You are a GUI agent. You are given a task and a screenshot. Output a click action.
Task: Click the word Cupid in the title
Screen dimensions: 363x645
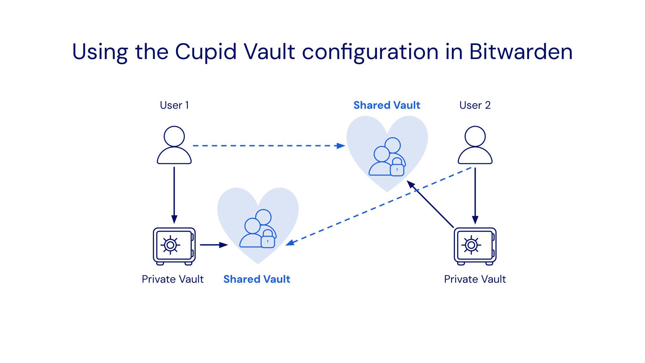click(x=206, y=52)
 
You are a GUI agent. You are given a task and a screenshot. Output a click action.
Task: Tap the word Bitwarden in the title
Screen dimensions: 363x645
click(x=521, y=52)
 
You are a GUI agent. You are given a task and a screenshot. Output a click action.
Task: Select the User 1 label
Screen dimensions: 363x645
click(x=174, y=105)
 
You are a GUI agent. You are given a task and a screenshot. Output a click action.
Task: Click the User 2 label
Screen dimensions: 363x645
click(x=475, y=105)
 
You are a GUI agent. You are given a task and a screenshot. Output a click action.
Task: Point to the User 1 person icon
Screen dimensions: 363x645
click(x=174, y=145)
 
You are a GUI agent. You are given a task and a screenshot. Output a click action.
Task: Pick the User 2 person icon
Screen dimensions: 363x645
click(x=475, y=145)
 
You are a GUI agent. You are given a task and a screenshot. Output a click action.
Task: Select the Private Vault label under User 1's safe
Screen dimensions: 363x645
click(x=173, y=279)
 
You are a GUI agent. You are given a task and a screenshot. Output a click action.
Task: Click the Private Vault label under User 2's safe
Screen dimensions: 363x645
click(x=475, y=279)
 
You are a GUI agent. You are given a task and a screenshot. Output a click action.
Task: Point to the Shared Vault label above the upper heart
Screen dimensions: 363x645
click(x=387, y=105)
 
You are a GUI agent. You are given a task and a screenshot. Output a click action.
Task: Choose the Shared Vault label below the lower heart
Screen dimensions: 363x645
click(x=257, y=279)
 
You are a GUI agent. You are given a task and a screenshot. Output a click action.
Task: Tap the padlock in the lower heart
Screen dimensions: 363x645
click(x=268, y=239)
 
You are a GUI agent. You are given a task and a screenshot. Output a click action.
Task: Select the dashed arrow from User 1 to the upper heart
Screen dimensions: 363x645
click(x=269, y=146)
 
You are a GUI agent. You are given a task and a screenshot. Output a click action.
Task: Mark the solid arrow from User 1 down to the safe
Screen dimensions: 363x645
click(x=174, y=195)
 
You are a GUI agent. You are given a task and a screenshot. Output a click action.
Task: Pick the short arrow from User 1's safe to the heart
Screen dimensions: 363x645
click(x=214, y=245)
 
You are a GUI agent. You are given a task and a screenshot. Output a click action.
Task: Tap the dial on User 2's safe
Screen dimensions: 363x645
click(x=471, y=245)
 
